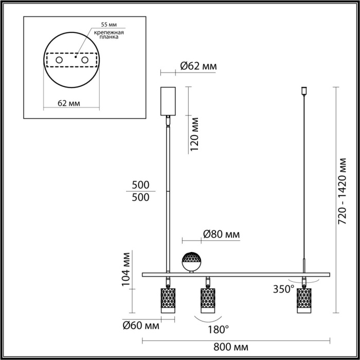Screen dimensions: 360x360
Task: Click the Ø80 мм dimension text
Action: click(x=221, y=235)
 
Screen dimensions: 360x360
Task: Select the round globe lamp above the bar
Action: click(x=192, y=262)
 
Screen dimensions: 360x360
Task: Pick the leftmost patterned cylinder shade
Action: click(x=168, y=300)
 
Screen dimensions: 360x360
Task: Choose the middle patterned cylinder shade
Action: click(x=207, y=300)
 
